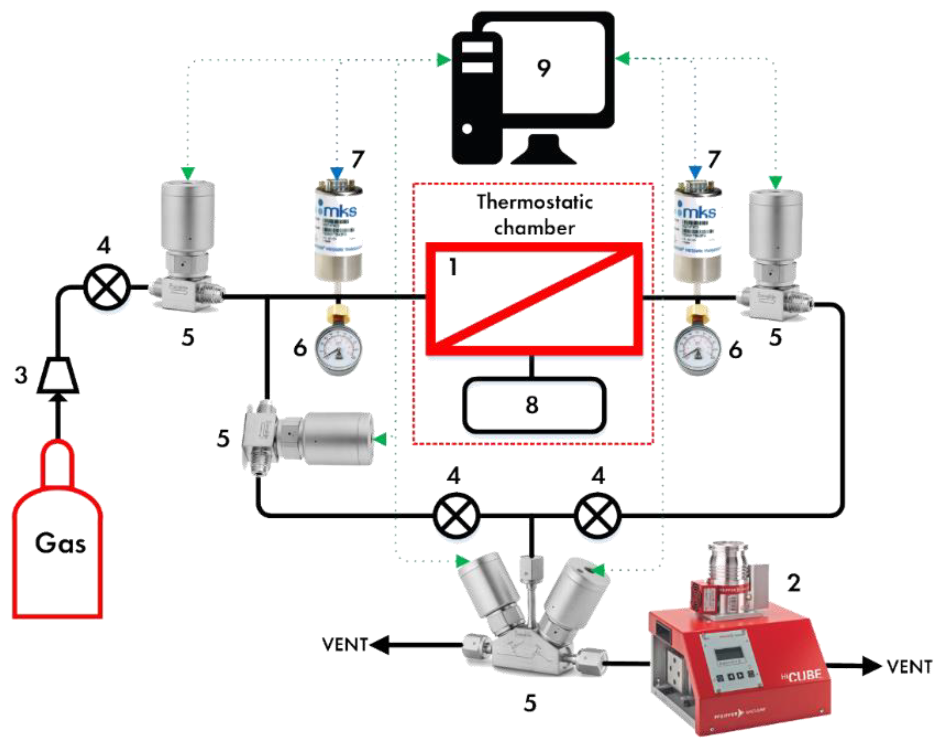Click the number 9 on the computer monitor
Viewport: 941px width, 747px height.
point(543,69)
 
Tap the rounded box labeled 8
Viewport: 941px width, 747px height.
point(533,405)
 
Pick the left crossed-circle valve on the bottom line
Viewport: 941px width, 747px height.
point(456,516)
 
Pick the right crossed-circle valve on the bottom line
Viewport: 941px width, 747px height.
point(598,516)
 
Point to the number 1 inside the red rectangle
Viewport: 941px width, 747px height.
point(453,267)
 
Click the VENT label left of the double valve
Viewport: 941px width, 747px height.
point(345,645)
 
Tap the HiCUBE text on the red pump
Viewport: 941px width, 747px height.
point(801,676)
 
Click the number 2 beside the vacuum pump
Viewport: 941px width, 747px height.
point(793,583)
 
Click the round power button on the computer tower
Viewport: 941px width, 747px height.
point(467,129)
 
